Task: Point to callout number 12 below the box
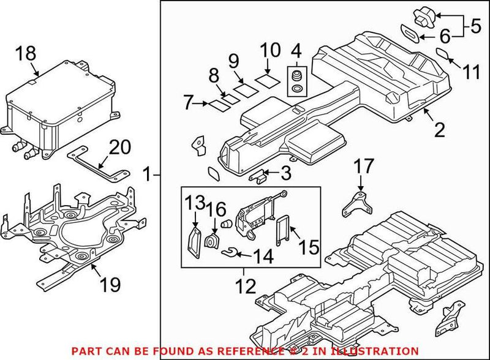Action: point(244,285)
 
